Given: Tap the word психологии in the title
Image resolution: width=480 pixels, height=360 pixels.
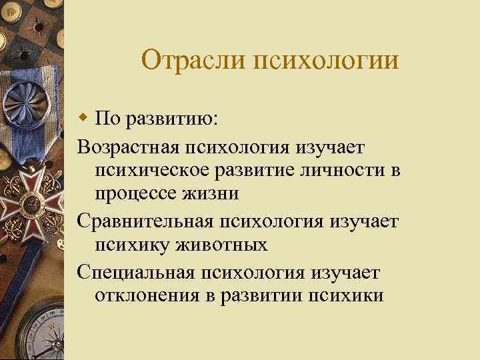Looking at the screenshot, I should [325, 61].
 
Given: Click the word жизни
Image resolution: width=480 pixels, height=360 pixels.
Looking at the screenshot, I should [213, 195].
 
